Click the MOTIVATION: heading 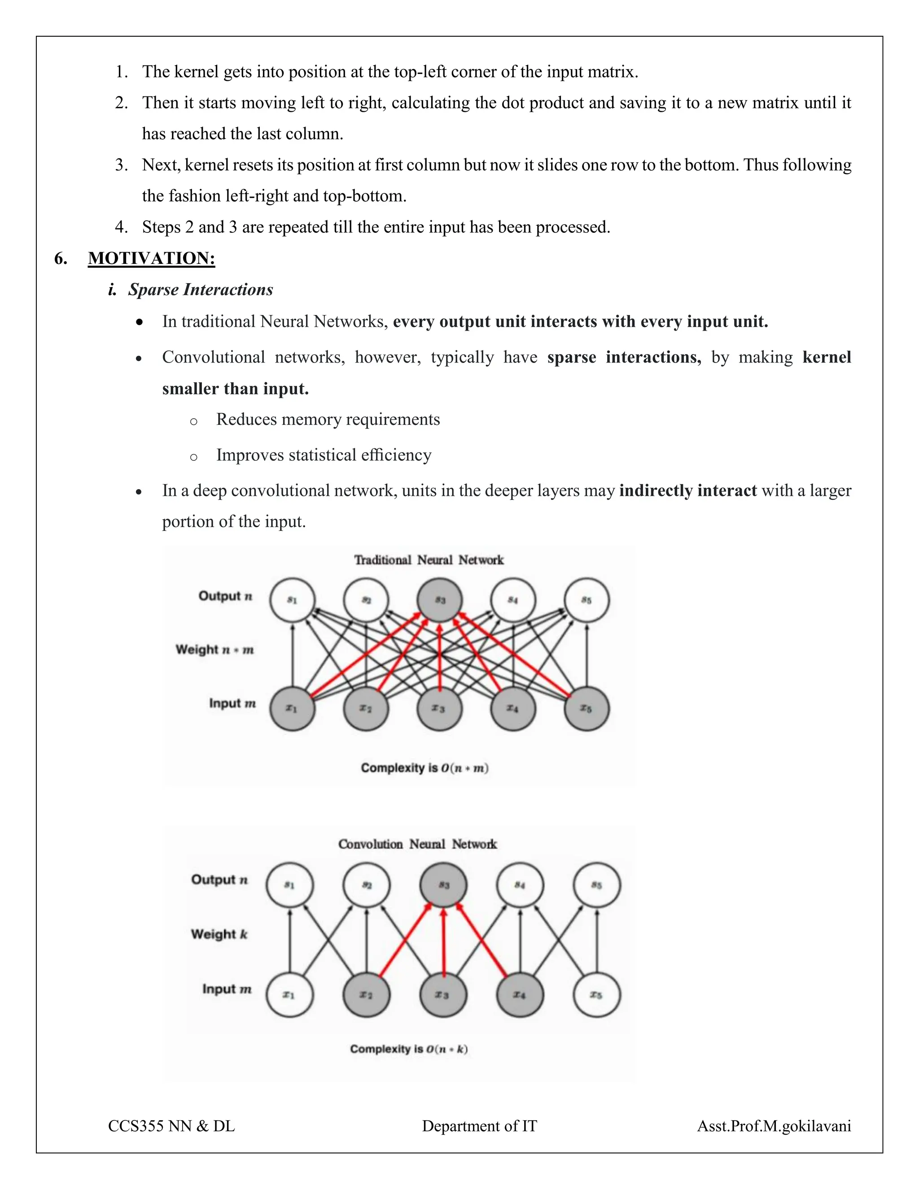click(151, 258)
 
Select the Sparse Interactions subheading click(200, 290)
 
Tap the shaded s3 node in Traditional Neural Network click(439, 600)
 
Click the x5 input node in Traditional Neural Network click(586, 708)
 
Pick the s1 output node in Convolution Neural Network click(289, 885)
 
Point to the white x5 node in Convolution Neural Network click(597, 995)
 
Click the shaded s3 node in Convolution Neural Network click(443, 885)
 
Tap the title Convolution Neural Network click(418, 844)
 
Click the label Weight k click(219, 934)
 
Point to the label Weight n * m click(214, 650)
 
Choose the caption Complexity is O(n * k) click(409, 1049)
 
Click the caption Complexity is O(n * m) click(424, 768)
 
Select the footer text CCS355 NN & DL click(171, 1126)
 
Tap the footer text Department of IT click(479, 1126)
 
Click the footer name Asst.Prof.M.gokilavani click(774, 1126)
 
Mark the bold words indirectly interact click(687, 490)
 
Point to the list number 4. click(121, 227)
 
